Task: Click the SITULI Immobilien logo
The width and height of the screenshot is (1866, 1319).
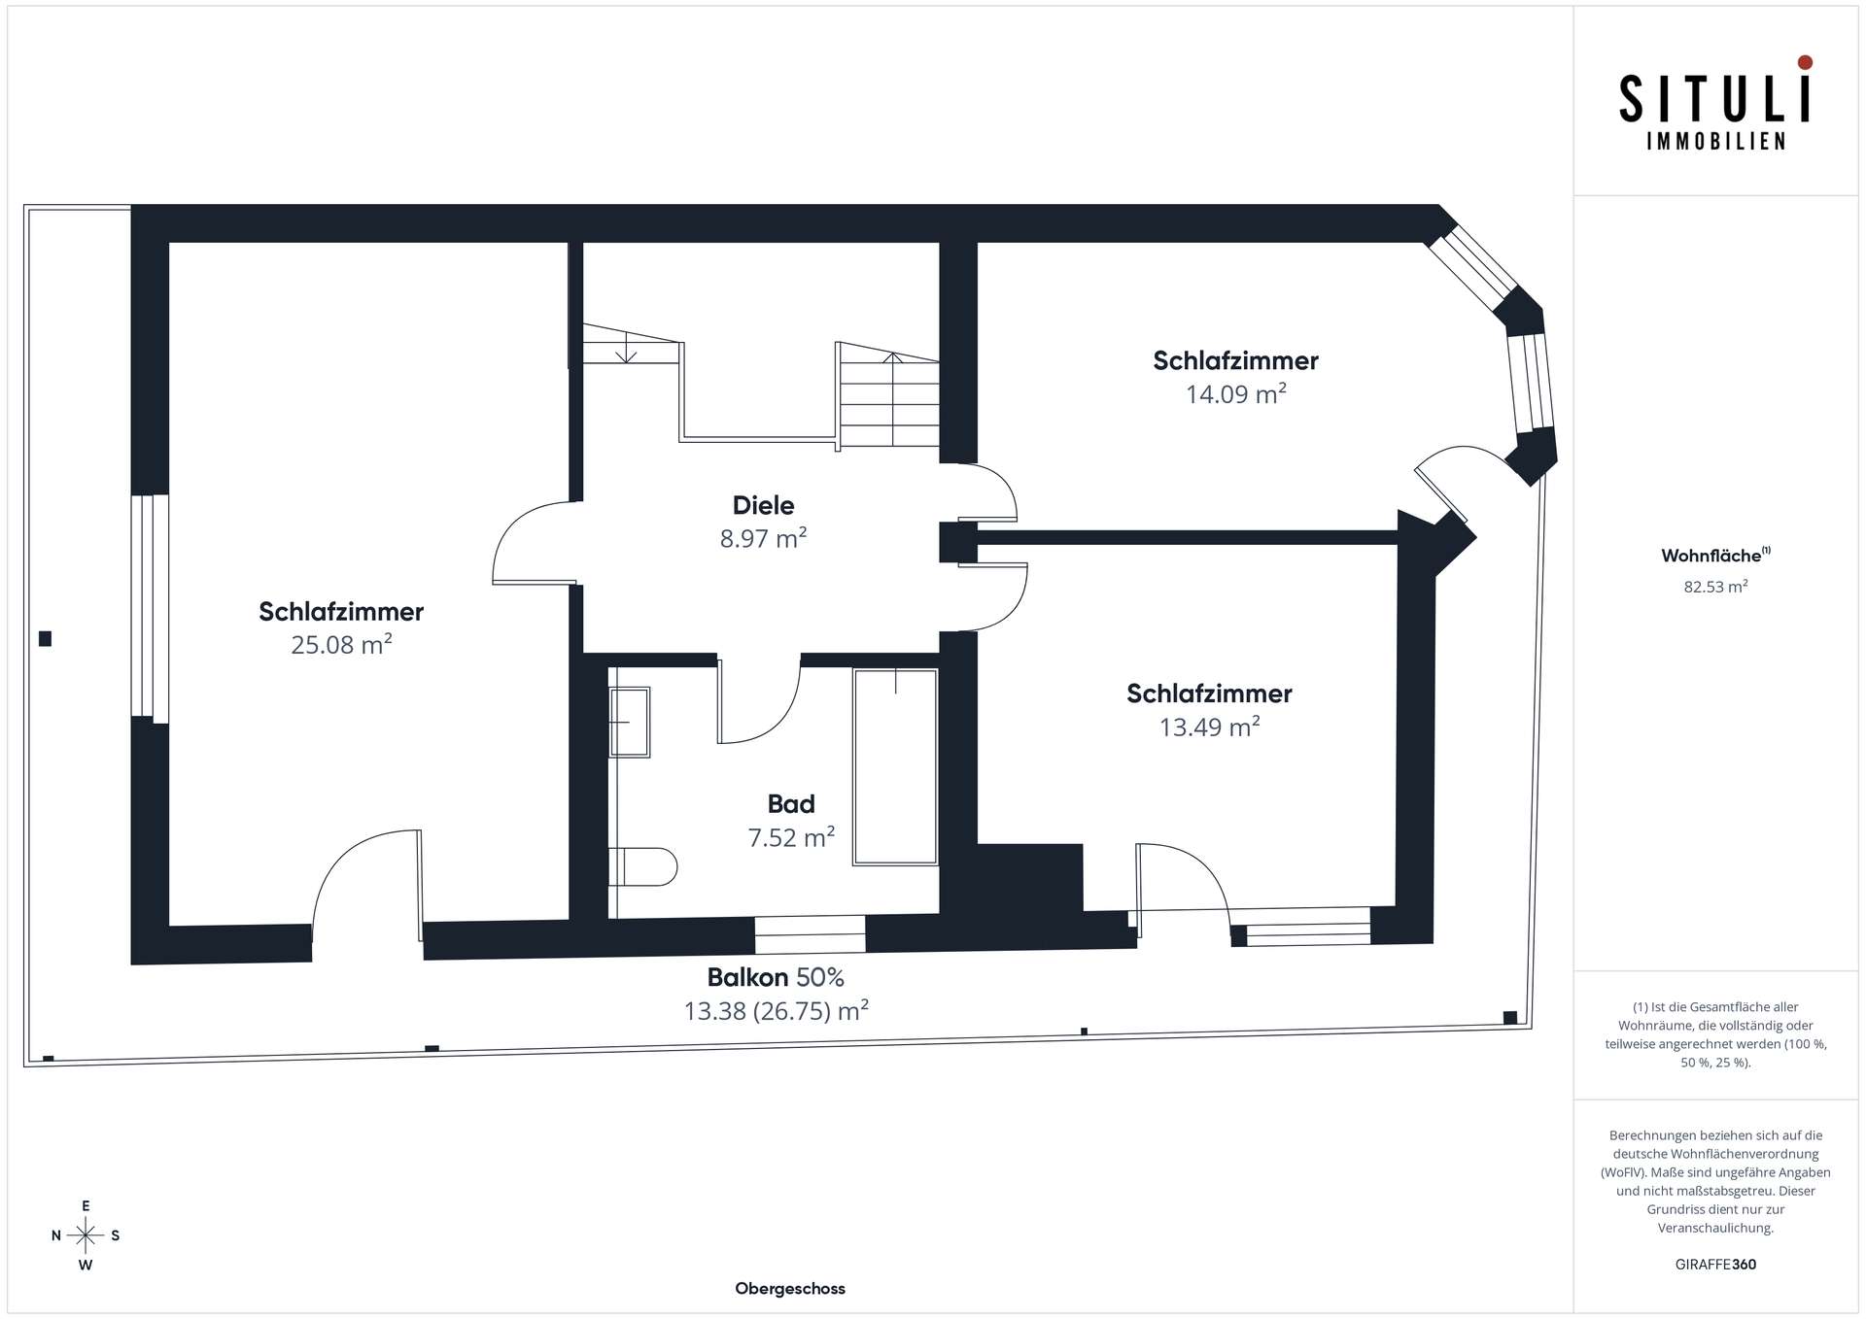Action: [1715, 103]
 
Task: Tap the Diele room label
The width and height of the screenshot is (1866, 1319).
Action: [763, 505]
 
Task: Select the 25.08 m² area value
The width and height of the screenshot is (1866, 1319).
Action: [341, 644]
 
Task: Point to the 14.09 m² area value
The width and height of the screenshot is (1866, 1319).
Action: [1235, 393]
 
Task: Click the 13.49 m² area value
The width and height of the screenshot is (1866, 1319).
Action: [1209, 727]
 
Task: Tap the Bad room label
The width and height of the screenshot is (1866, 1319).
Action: [791, 804]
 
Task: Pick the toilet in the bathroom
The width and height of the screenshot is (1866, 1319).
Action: [642, 866]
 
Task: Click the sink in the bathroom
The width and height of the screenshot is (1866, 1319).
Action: [630, 722]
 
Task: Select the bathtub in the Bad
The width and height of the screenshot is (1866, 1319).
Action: [895, 766]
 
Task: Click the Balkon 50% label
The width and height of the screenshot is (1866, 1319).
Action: [776, 977]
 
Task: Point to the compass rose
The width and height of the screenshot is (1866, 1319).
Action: [86, 1235]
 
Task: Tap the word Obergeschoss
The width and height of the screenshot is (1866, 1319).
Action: [790, 1289]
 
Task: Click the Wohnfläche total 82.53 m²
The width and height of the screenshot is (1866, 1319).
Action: [1715, 587]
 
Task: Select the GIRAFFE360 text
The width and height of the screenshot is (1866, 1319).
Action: [1715, 1265]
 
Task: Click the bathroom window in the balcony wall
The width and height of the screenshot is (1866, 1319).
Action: [810, 934]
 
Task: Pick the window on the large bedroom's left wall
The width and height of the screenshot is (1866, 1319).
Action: [150, 608]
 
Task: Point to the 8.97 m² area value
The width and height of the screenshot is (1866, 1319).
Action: [763, 538]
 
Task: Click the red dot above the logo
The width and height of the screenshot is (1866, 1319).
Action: [1805, 62]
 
